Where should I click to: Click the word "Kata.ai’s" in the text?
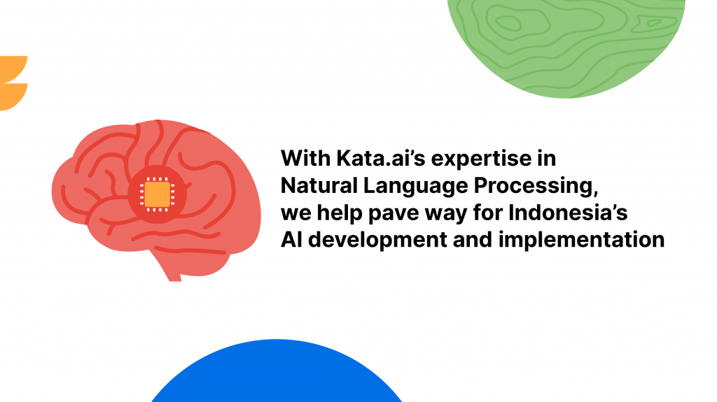coord(380,159)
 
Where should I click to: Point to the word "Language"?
coord(416,187)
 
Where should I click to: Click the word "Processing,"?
coord(536,187)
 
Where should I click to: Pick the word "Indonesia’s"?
coord(568,213)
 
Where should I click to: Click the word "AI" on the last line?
coord(291,240)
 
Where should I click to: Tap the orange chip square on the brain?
coord(158,194)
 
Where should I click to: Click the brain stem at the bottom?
coord(172,270)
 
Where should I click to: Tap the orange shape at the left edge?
coord(13,83)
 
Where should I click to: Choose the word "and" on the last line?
coord(473,240)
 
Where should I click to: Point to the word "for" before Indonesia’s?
coord(487,213)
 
